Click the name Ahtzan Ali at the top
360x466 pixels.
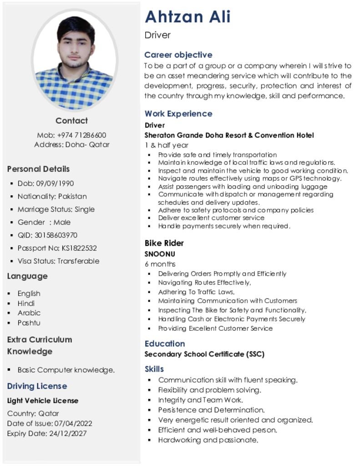click(188, 17)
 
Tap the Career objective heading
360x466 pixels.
click(178, 55)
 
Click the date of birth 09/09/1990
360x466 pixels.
click(55, 183)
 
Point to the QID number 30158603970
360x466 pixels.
click(56, 235)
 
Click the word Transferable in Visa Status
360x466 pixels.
click(78, 261)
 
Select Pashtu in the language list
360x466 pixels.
click(29, 323)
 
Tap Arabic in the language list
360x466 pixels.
click(29, 313)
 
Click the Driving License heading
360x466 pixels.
click(37, 386)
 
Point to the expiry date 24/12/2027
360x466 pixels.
click(67, 433)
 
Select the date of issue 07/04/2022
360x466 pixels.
click(73, 423)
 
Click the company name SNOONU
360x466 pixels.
click(160, 254)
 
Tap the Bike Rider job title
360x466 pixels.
click(164, 243)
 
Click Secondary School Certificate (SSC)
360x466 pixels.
click(204, 354)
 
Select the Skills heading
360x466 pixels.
click(154, 369)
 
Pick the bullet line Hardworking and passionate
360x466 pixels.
click(208, 440)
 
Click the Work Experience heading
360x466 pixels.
click(178, 113)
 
